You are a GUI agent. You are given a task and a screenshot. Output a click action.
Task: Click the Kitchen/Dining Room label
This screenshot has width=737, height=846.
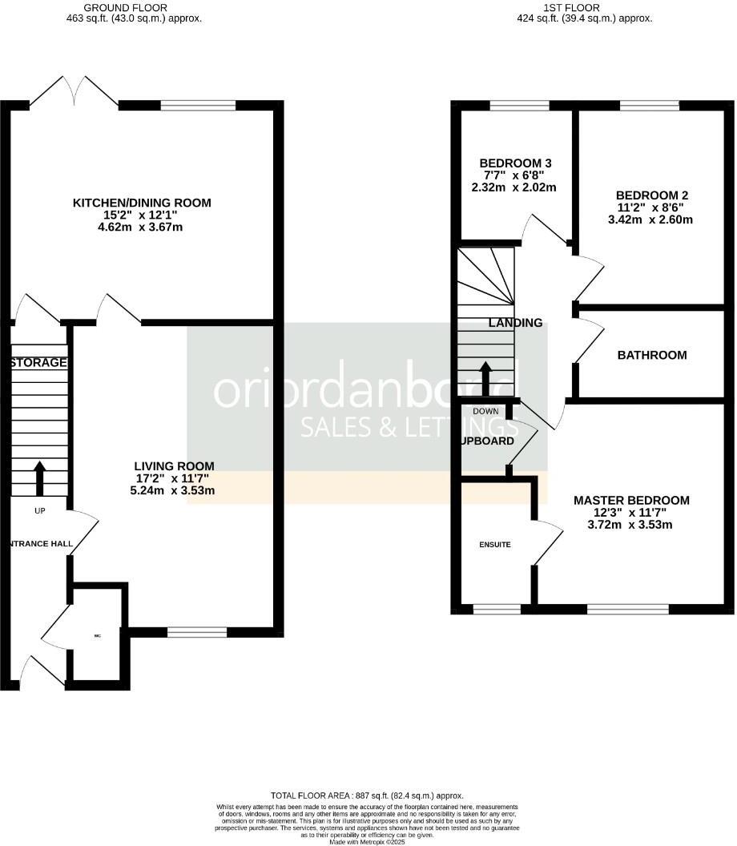(x=142, y=203)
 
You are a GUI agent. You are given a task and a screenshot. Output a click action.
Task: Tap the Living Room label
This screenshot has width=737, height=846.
(x=174, y=465)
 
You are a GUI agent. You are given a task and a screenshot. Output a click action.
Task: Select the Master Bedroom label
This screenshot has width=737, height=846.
(x=631, y=500)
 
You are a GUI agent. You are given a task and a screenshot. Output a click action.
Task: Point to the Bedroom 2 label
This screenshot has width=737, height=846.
(x=651, y=195)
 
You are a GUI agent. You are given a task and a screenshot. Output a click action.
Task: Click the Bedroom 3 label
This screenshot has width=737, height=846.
(x=516, y=163)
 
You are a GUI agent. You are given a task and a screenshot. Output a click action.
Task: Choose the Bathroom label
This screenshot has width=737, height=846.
(x=651, y=355)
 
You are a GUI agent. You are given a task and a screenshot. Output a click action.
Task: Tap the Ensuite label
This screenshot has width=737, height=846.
(x=495, y=545)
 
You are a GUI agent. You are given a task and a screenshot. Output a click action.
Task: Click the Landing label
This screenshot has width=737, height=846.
(x=515, y=323)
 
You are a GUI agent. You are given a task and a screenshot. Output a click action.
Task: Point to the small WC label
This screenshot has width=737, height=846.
(x=97, y=636)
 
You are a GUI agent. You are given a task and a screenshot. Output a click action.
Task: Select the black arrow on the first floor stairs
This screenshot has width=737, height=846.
(x=485, y=379)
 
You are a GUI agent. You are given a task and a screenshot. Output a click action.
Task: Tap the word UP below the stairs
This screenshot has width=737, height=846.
(x=39, y=510)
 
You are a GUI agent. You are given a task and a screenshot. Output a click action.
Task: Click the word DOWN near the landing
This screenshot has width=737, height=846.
(x=485, y=411)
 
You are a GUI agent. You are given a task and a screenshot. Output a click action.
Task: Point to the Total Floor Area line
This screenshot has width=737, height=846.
(x=368, y=796)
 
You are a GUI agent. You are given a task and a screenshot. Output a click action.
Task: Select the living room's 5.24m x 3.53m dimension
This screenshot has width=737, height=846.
(x=174, y=491)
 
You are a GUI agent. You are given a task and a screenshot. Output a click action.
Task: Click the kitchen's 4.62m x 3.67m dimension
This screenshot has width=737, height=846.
(x=142, y=228)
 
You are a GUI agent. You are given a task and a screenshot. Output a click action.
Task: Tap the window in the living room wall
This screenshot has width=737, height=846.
(x=197, y=633)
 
